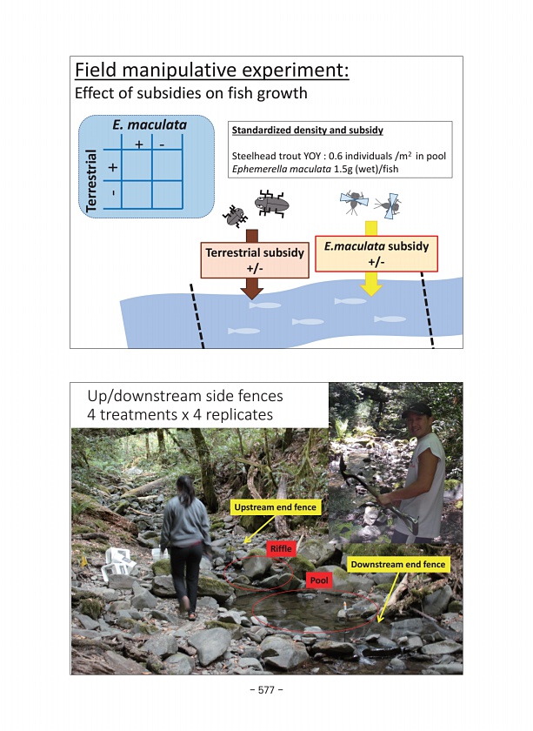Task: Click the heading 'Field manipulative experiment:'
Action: point(211,70)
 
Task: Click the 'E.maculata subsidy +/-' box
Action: point(376,254)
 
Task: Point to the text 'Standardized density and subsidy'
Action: point(307,131)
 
